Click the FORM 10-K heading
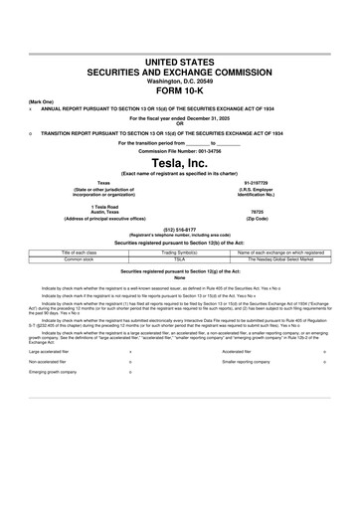tap(179, 88)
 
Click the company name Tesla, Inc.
tap(179, 163)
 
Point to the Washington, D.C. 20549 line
tap(179, 79)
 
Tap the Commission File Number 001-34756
tap(211, 151)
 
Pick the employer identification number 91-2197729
tap(257, 184)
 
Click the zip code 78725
tap(256, 212)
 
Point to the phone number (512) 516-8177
tap(179, 228)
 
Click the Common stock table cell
tap(78, 258)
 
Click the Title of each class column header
tap(78, 253)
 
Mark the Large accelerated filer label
tap(49, 351)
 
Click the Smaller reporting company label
tap(245, 362)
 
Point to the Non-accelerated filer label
tap(46, 362)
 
